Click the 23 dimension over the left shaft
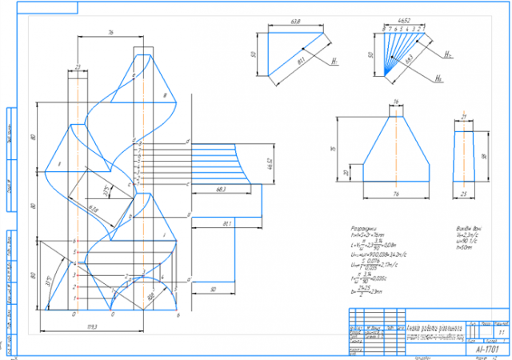78,66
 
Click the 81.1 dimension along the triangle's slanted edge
300,61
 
